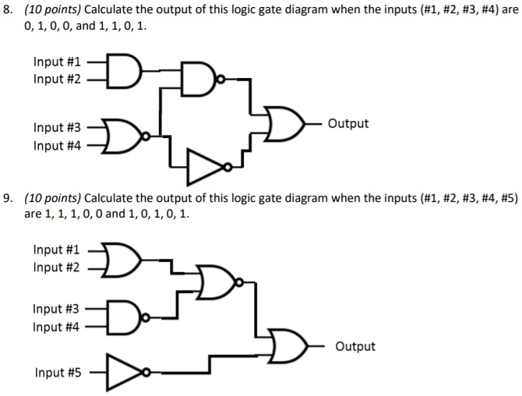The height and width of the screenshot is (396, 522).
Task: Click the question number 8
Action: click(8, 11)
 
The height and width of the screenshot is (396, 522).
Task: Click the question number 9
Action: click(8, 199)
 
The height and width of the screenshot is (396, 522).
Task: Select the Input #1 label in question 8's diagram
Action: click(57, 62)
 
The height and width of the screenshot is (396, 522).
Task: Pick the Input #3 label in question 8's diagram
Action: click(57, 127)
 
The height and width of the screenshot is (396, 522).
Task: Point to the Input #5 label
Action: click(57, 373)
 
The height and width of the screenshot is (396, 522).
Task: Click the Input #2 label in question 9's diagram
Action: click(57, 267)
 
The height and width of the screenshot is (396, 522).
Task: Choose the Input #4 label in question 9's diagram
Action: click(57, 327)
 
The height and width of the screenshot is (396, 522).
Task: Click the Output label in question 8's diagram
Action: click(348, 124)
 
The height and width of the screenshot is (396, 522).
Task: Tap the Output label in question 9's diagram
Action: click(355, 346)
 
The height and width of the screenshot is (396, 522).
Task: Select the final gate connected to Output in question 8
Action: click(282, 124)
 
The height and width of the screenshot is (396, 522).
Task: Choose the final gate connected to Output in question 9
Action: click(287, 345)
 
